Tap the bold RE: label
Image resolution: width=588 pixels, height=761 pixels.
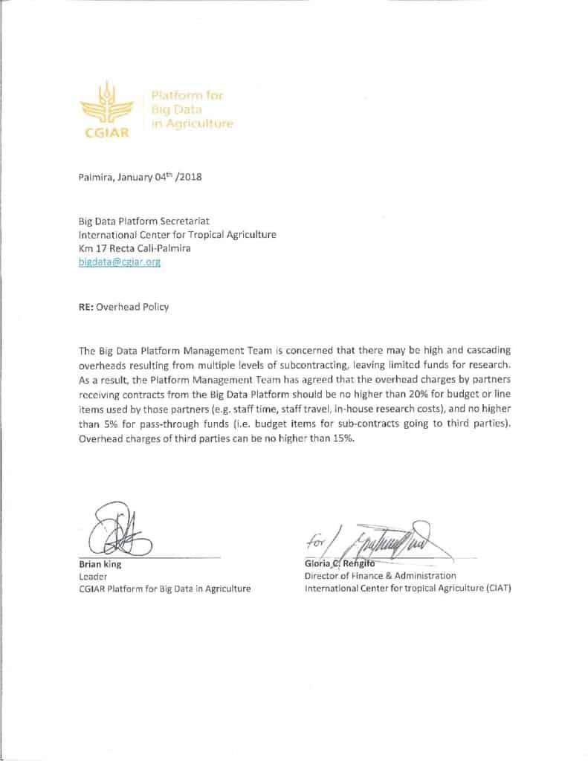pos(88,307)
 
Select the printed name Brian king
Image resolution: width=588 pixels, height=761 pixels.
pos(100,565)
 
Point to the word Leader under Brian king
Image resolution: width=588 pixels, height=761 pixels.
pos(92,577)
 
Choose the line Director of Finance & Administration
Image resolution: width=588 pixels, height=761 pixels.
pos(379,576)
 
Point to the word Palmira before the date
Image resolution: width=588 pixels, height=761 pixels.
pos(95,178)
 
